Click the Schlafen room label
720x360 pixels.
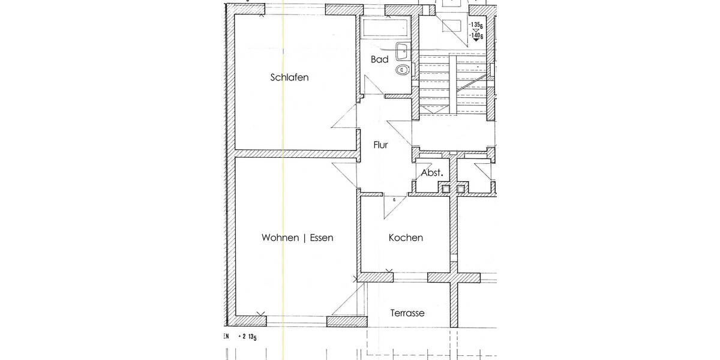[x=290, y=77]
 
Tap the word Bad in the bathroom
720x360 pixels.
[x=379, y=59]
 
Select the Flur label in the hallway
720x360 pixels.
[x=380, y=145]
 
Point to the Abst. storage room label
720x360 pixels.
[x=432, y=173]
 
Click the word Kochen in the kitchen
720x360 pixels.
[x=406, y=238]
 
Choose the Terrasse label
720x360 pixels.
[x=407, y=313]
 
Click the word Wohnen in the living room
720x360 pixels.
[x=280, y=238]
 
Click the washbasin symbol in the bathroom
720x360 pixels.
[x=403, y=50]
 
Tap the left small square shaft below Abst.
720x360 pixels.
[x=445, y=189]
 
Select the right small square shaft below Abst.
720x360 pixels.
[x=461, y=189]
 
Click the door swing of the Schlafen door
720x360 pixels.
[x=344, y=118]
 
